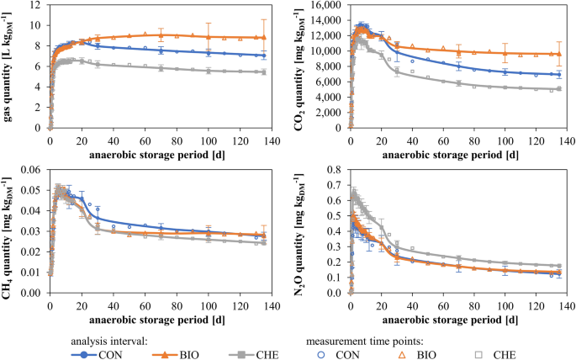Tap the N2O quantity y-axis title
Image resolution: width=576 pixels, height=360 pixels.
300,231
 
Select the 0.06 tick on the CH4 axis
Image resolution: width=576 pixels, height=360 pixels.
29,170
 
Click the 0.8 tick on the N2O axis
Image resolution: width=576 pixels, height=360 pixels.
335,170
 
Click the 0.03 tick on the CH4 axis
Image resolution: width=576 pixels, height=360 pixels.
29,232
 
